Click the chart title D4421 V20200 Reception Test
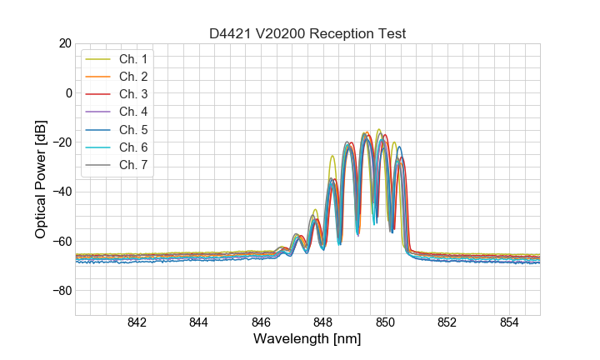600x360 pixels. click(307, 33)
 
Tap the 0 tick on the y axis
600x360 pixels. click(68, 92)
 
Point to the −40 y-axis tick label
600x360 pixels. click(61, 192)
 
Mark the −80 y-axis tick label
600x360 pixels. click(61, 291)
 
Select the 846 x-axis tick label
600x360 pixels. click(261, 323)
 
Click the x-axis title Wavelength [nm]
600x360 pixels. click(307, 340)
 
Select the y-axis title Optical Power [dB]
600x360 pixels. click(41, 179)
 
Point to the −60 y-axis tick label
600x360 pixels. click(61, 242)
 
